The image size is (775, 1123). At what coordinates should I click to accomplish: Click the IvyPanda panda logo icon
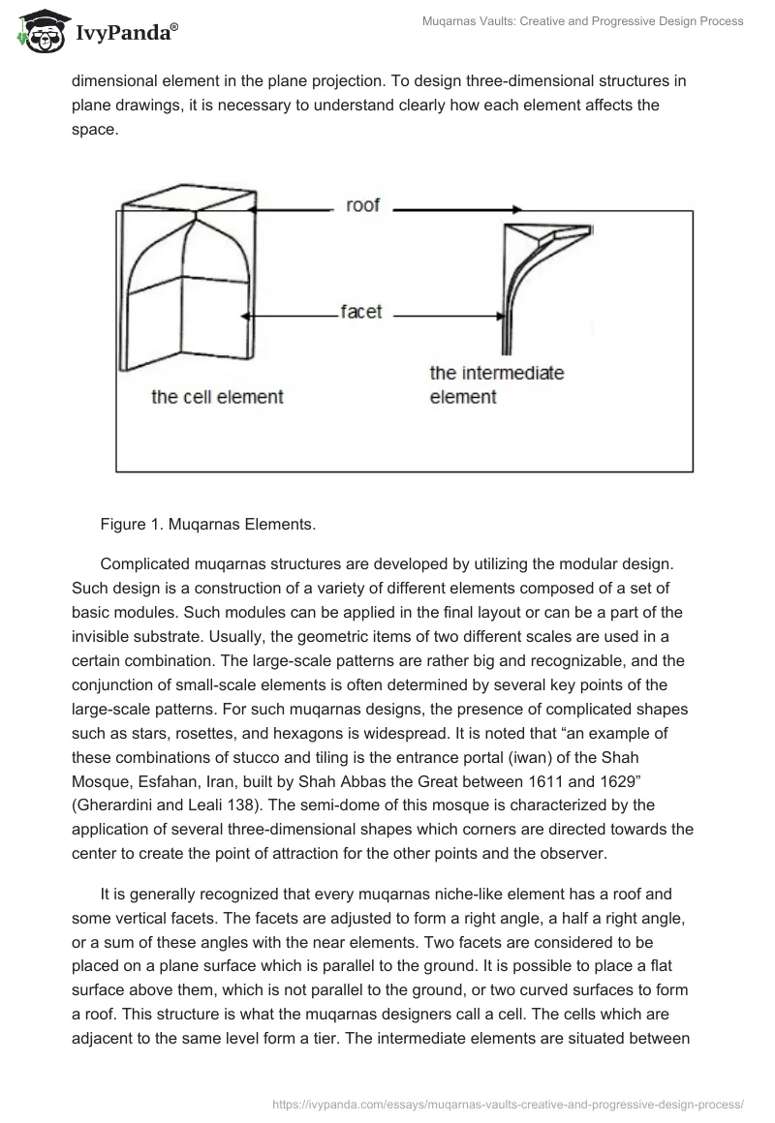point(37,32)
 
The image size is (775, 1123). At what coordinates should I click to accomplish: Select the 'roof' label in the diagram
point(362,206)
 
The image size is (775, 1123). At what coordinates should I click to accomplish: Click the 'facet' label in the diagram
point(360,313)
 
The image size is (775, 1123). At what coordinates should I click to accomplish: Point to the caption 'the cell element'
point(217,396)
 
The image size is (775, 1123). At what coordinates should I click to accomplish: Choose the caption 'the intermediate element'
point(496,384)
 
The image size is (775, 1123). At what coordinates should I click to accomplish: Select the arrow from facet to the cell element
point(291,314)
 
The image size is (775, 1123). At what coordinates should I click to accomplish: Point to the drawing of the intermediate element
point(538,281)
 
